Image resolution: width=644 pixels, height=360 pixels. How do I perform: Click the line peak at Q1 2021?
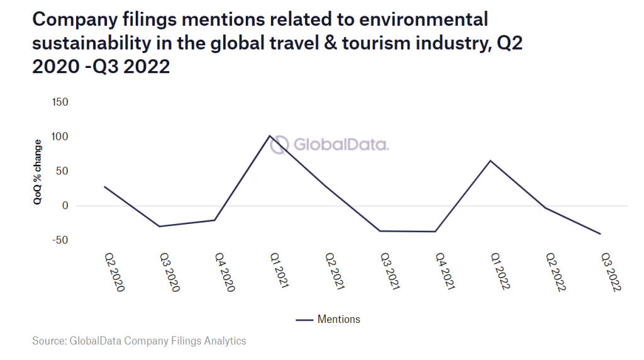[x=269, y=135]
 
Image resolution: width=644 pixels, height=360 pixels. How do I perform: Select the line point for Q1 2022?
[x=489, y=160]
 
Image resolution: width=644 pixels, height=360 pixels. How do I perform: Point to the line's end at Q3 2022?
[x=601, y=234]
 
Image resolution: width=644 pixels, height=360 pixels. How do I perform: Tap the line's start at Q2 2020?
[x=105, y=186]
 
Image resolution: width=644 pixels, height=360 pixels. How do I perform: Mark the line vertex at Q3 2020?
[x=159, y=226]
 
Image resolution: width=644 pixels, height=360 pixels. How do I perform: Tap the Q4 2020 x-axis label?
[x=225, y=272]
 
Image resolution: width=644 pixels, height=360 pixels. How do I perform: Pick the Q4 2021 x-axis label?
[x=446, y=272]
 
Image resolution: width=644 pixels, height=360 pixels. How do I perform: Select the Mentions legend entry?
[x=328, y=320]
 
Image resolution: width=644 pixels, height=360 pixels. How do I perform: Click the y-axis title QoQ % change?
[x=38, y=171]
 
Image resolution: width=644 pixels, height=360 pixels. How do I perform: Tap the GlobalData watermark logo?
[x=330, y=145]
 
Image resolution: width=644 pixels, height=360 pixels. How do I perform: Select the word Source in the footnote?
[x=49, y=341]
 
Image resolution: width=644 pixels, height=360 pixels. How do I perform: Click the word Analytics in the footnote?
[x=225, y=341]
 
